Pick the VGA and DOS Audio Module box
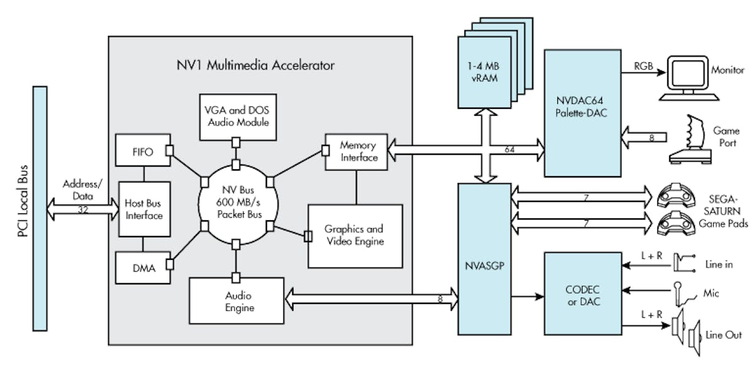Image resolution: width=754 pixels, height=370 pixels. coord(235,117)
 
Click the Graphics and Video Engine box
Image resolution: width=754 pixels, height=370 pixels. coord(354,235)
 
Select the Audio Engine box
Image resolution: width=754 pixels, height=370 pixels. coord(236,302)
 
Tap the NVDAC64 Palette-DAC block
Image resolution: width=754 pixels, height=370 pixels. coord(582,113)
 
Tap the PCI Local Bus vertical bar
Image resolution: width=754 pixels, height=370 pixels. coord(39,208)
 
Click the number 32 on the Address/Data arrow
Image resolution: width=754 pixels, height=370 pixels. coord(83,210)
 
